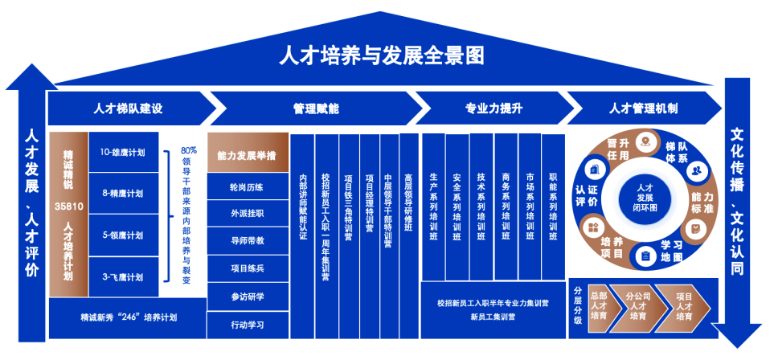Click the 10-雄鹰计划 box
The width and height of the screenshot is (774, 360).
coord(123,151)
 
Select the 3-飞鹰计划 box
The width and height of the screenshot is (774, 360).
coord(123,277)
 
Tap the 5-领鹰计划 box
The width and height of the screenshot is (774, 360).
coord(123,235)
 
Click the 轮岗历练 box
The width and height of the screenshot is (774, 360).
coord(247,188)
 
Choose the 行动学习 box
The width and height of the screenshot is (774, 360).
coord(247,325)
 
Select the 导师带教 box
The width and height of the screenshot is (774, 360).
coord(247,240)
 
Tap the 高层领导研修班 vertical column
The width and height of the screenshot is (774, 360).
coord(409,209)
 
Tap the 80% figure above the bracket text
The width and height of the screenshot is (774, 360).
coord(189,150)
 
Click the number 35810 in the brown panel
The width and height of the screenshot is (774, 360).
coord(68,207)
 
